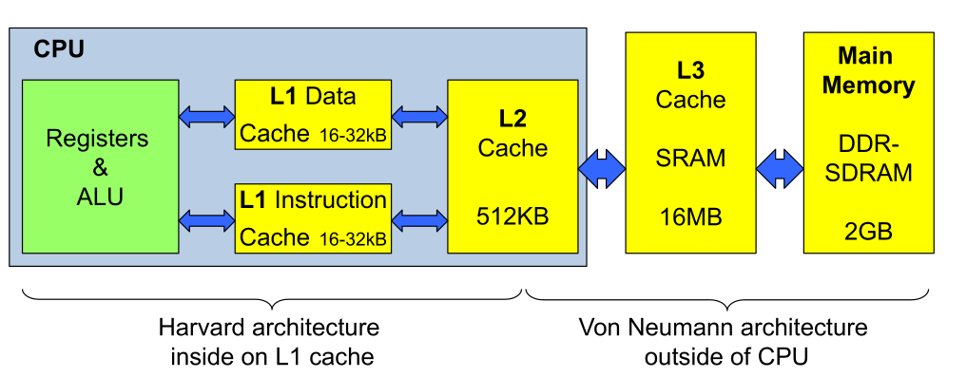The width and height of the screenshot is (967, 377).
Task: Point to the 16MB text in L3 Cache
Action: (690, 217)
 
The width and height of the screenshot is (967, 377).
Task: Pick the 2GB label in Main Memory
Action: (867, 231)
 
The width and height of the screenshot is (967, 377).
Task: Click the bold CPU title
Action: (58, 48)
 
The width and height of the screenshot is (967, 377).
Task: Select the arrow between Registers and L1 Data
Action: (206, 116)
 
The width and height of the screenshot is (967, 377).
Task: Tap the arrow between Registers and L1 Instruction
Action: (206, 219)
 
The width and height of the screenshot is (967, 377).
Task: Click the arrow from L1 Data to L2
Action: (418, 116)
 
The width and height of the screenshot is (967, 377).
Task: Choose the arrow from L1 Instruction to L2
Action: (418, 219)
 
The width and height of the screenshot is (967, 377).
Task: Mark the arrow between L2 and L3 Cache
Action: (601, 166)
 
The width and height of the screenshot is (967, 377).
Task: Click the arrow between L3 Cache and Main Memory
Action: (780, 166)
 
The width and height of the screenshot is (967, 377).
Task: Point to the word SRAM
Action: (690, 159)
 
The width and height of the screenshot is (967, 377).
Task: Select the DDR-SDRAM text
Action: (867, 159)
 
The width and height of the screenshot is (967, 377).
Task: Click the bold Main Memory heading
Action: (868, 70)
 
